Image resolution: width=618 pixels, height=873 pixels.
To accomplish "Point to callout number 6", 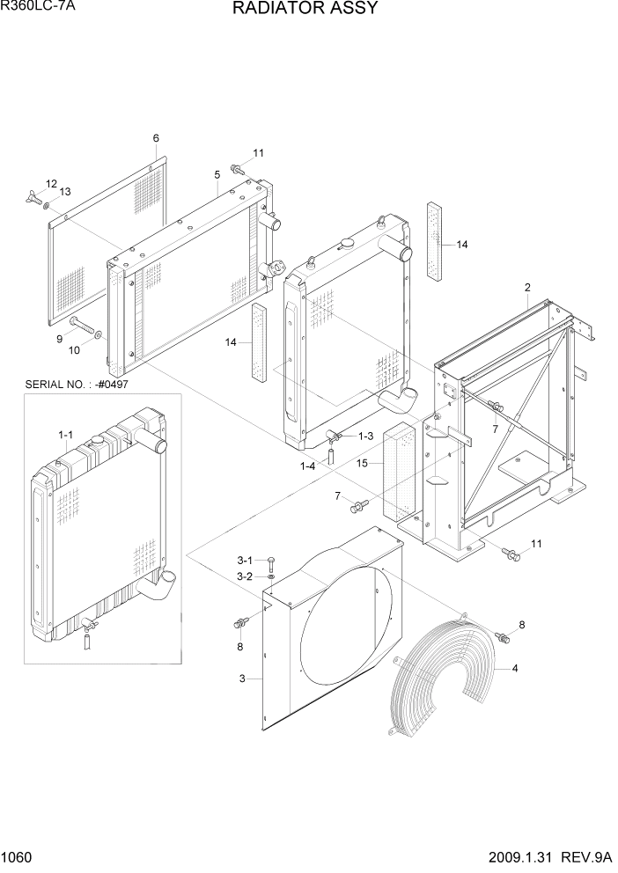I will click(156, 138).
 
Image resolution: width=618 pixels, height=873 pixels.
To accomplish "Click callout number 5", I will click(217, 174).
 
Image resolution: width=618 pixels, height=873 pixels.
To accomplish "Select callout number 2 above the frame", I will click(527, 288).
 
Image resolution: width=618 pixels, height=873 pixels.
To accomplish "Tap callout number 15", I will click(362, 462).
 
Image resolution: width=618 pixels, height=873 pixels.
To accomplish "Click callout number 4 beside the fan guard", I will click(514, 668).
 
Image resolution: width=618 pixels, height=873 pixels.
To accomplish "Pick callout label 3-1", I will click(245, 561).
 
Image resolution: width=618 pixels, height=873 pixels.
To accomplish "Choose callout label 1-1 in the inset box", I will click(65, 435).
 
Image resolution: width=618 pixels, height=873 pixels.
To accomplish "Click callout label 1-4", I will click(307, 466).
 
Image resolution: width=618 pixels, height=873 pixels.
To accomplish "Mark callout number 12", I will click(51, 184).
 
